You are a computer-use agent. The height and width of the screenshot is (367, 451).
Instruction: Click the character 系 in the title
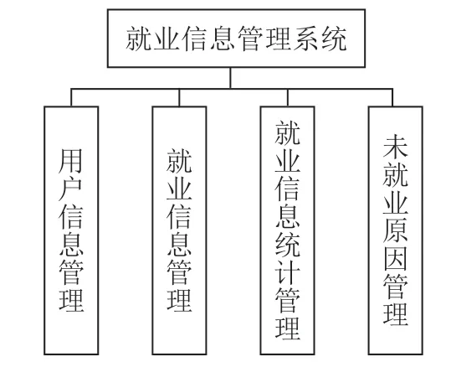pos(305,39)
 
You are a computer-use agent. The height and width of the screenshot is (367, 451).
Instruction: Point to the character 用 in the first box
pos(71,161)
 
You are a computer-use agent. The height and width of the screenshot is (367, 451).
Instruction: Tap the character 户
pos(71,189)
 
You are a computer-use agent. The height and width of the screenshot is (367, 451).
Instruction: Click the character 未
pos(396,147)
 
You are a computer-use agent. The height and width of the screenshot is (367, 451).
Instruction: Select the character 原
pos(396,230)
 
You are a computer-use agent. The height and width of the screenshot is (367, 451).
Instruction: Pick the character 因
pos(396,258)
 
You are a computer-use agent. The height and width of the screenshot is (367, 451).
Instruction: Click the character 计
pos(287,272)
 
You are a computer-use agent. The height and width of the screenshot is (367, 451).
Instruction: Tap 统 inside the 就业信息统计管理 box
pos(287,245)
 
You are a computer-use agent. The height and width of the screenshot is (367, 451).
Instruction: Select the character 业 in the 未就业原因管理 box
pos(396,203)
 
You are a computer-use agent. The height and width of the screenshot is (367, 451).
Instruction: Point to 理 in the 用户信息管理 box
pos(71,301)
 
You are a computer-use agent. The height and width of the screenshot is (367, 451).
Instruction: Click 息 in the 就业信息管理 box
pos(179,245)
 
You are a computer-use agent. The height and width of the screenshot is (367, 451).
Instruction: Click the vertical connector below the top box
pos(230,78)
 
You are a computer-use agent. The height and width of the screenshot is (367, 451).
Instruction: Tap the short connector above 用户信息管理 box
pos(71,97)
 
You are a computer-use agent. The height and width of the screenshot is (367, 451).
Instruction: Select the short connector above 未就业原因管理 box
pos(392,97)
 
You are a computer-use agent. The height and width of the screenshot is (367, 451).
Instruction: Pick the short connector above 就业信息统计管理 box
pos(287,97)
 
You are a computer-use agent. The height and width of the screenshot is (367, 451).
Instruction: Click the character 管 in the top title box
pos(250,39)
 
